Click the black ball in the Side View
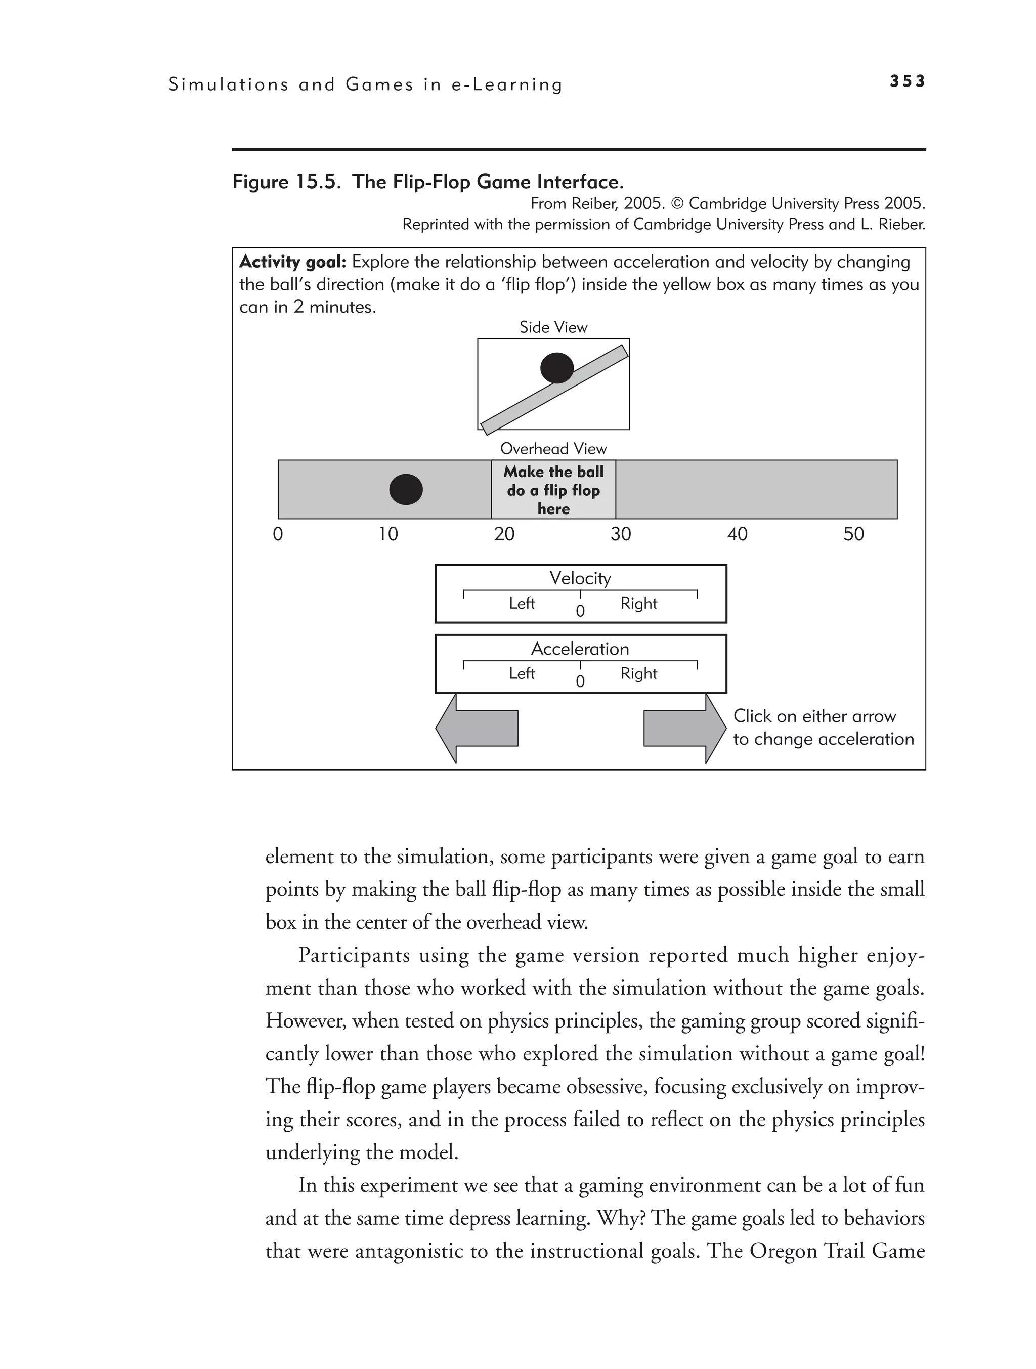(557, 368)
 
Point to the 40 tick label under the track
(737, 534)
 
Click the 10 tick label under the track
(388, 534)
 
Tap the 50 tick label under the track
(853, 534)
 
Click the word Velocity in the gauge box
(580, 578)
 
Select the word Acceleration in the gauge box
(580, 649)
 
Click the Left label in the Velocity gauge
(522, 604)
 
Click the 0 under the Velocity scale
(580, 612)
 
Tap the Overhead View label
(553, 449)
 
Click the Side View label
(553, 327)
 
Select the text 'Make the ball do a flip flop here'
(553, 490)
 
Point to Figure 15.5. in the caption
(286, 182)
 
